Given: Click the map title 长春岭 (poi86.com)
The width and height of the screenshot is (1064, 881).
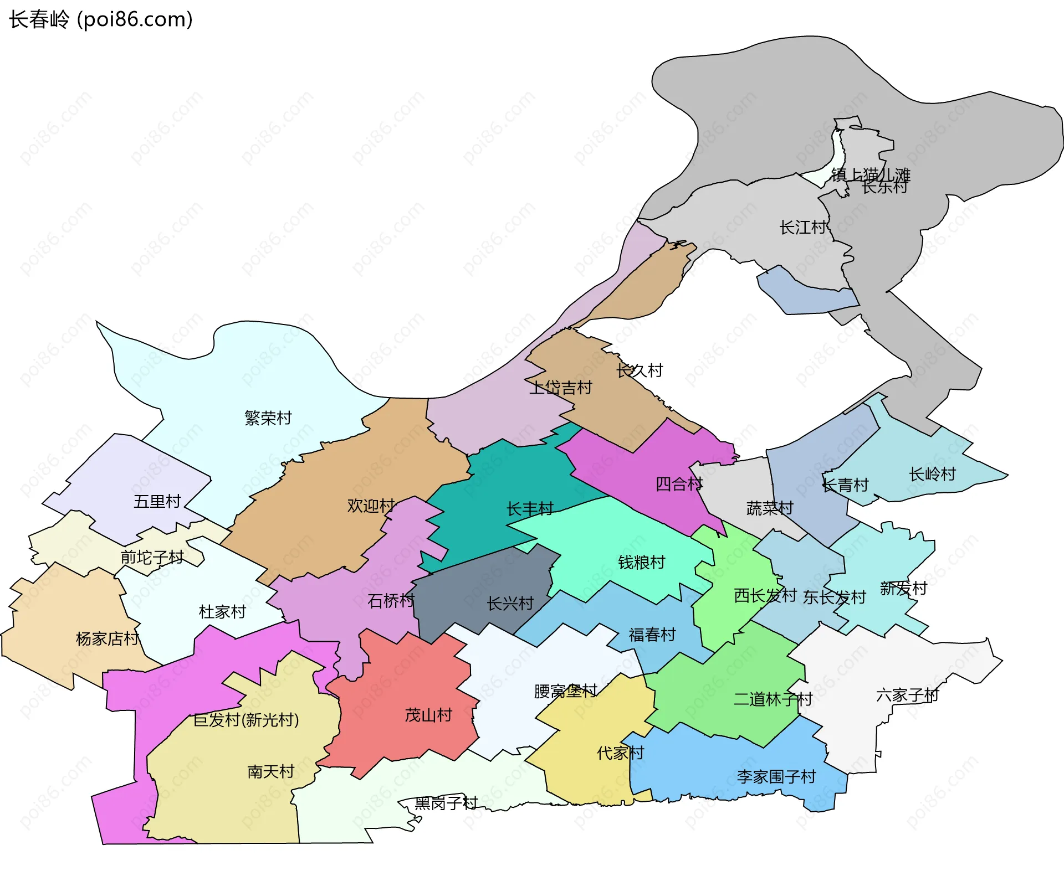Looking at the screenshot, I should point(101,19).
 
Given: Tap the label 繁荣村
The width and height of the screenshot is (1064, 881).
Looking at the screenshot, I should point(268,418).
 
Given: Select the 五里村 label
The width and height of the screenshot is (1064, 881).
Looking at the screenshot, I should point(157,502).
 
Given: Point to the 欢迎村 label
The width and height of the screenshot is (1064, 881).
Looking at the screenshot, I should point(371,506).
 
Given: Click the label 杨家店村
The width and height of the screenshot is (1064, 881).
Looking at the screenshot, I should point(108,639).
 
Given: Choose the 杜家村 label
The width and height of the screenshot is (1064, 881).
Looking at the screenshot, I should point(222,612).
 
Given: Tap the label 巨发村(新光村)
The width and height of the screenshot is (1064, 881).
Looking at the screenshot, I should point(246,720).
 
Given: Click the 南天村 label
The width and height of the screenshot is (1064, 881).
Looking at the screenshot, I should point(270,771).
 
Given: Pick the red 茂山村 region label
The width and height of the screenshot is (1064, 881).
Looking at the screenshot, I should point(428,715).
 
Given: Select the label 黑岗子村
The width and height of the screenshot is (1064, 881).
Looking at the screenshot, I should point(446,803).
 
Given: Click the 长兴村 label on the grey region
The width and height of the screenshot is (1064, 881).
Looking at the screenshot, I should point(510,604).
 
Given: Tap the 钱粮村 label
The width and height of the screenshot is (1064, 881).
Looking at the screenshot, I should point(642,562).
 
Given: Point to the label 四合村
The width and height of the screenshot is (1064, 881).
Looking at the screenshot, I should point(679,484).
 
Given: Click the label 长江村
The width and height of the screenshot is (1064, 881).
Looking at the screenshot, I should point(803,227).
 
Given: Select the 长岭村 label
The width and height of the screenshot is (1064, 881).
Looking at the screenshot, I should point(933,474).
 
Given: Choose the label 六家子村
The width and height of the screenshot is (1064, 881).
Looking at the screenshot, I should point(908,695).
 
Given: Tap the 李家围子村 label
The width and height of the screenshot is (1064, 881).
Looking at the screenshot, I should point(776,777).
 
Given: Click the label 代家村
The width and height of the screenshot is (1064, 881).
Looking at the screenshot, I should point(621,753).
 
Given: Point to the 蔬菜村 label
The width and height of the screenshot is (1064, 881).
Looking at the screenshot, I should point(770,508).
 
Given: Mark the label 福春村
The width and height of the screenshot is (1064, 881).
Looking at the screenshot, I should point(652,635).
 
